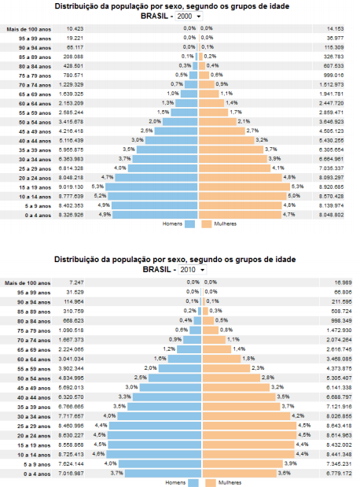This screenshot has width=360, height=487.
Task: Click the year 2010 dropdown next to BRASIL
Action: tap(189, 269)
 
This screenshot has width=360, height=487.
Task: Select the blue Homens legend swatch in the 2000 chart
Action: tap(190, 223)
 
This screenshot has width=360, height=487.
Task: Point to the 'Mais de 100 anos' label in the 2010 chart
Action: tap(23, 282)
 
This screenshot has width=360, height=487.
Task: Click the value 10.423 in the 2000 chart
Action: tap(74, 28)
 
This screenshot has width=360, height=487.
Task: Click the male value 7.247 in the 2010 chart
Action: tap(75, 282)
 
